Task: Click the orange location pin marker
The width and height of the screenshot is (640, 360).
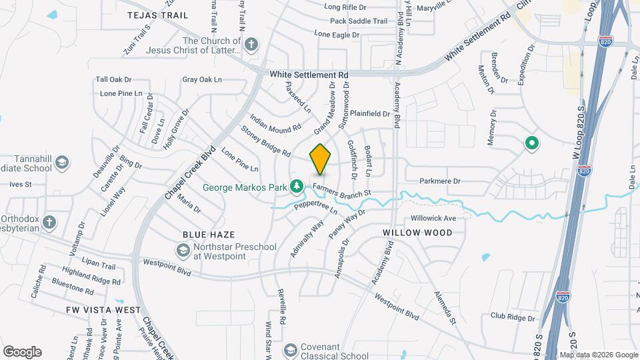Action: pyautogui.click(x=321, y=159)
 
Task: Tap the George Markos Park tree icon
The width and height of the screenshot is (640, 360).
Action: pyautogui.click(x=300, y=187)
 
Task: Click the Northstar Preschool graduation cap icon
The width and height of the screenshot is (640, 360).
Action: pyautogui.click(x=182, y=251)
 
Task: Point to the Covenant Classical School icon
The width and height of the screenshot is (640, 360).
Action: pyautogui.click(x=290, y=350)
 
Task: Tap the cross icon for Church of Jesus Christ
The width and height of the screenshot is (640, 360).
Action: pyautogui.click(x=251, y=45)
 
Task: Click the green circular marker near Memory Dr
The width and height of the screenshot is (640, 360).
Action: pyautogui.click(x=532, y=143)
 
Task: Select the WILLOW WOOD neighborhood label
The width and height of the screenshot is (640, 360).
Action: pyautogui.click(x=417, y=233)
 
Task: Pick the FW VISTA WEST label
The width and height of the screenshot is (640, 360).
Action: pyautogui.click(x=103, y=310)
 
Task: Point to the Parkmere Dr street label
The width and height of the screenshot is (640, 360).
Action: pyautogui.click(x=440, y=181)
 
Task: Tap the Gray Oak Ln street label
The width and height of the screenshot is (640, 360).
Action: pyautogui.click(x=201, y=80)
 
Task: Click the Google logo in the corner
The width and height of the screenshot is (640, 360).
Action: pyautogui.click(x=22, y=351)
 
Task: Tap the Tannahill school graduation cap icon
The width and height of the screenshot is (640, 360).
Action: pyautogui.click(x=62, y=162)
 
